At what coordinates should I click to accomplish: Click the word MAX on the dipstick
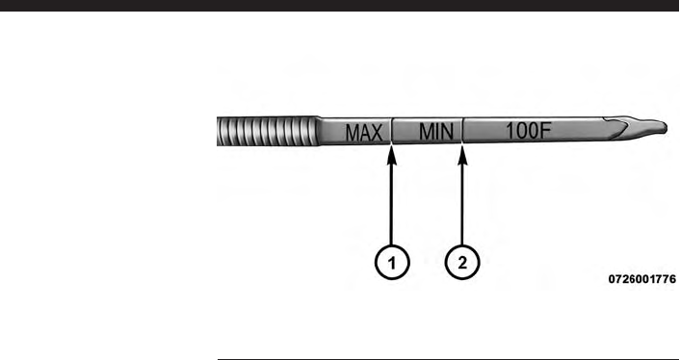[x=364, y=133]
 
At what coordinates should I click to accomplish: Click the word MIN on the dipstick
[x=436, y=131]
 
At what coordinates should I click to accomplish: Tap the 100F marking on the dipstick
[x=528, y=130]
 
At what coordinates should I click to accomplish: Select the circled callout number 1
[x=392, y=263]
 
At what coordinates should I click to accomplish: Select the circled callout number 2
[x=462, y=263]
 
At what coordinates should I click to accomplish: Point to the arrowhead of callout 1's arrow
[x=392, y=155]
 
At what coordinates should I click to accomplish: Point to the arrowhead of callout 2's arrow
[x=462, y=155]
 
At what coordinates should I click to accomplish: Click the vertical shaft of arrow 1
[x=392, y=205]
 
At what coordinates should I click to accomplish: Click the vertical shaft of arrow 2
[x=462, y=205]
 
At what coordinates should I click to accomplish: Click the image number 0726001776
[x=641, y=279]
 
